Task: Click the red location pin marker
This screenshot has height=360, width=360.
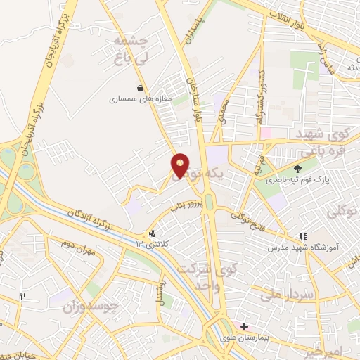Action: click(181, 165)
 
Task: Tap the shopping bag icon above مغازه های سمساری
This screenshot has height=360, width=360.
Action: click(141, 89)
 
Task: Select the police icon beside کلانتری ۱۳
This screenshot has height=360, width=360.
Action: click(152, 234)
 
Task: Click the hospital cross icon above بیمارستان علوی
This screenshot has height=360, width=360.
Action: click(244, 327)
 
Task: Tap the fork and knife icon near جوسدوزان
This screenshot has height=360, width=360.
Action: click(22, 297)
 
